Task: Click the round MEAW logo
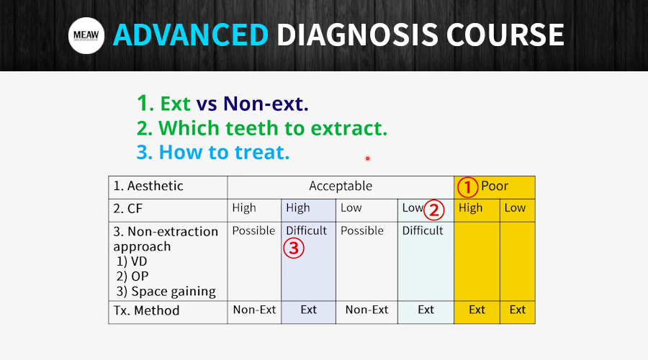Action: pos(86,35)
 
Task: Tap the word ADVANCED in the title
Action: pos(191,35)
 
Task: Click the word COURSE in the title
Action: pos(505,35)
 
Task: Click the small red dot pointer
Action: pos(367,158)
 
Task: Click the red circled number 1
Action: pos(467,187)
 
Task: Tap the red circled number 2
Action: pos(434,210)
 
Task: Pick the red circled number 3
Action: pos(294,248)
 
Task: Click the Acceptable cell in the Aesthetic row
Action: pos(341,186)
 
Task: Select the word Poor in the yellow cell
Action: pos(495,186)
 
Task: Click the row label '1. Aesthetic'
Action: pos(148,186)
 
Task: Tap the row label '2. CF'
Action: pos(127,209)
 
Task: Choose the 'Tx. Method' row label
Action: pos(146,310)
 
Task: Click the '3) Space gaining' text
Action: pos(166,292)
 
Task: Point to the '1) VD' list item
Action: pos(132,261)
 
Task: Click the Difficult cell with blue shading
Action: pos(306,230)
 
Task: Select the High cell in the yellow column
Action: pos(471,207)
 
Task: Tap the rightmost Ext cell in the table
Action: pos(518,310)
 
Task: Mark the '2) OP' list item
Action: pos(132,276)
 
